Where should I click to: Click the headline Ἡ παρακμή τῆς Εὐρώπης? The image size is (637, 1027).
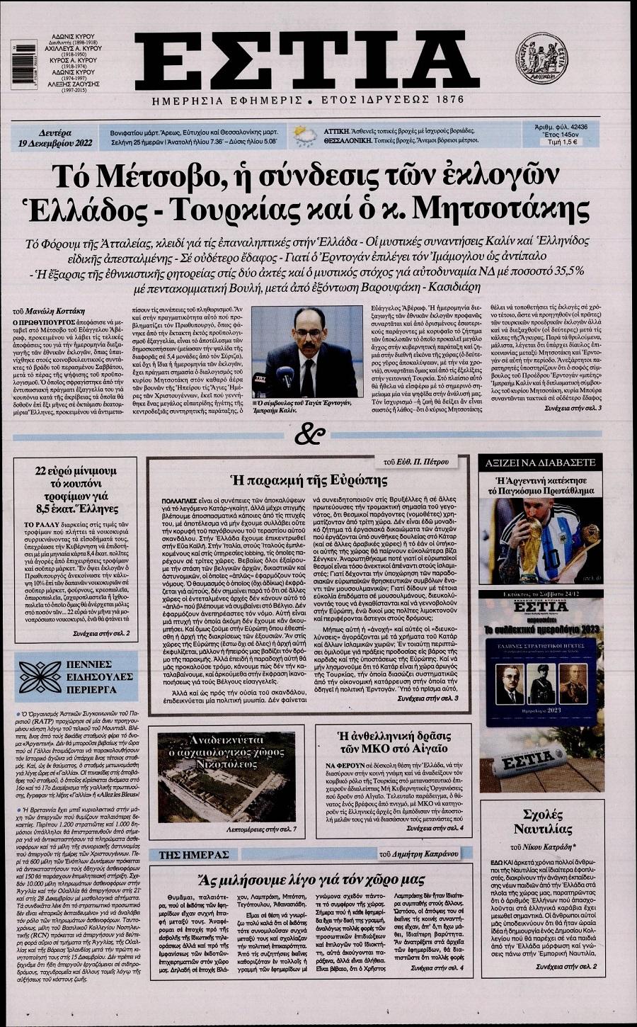(309, 481)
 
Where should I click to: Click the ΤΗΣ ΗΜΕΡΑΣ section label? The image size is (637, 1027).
(193, 854)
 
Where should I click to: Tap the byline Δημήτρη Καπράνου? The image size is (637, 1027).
(424, 853)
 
